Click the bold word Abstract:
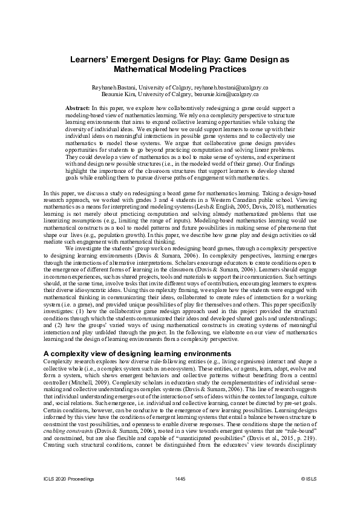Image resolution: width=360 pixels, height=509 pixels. pos(77,107)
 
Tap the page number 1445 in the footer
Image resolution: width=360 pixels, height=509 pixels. pos(180,496)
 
